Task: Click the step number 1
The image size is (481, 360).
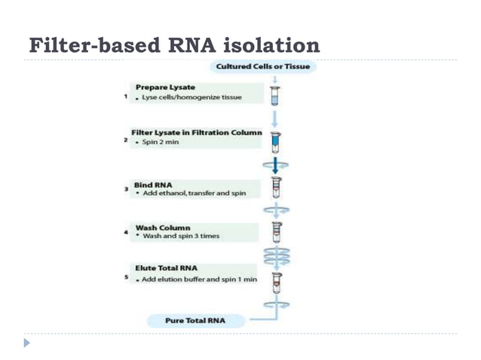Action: pos(125,97)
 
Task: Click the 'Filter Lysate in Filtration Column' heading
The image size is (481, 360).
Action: pos(196,133)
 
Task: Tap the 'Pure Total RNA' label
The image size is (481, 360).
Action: pos(195,321)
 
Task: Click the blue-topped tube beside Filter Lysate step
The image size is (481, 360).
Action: pos(276,142)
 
